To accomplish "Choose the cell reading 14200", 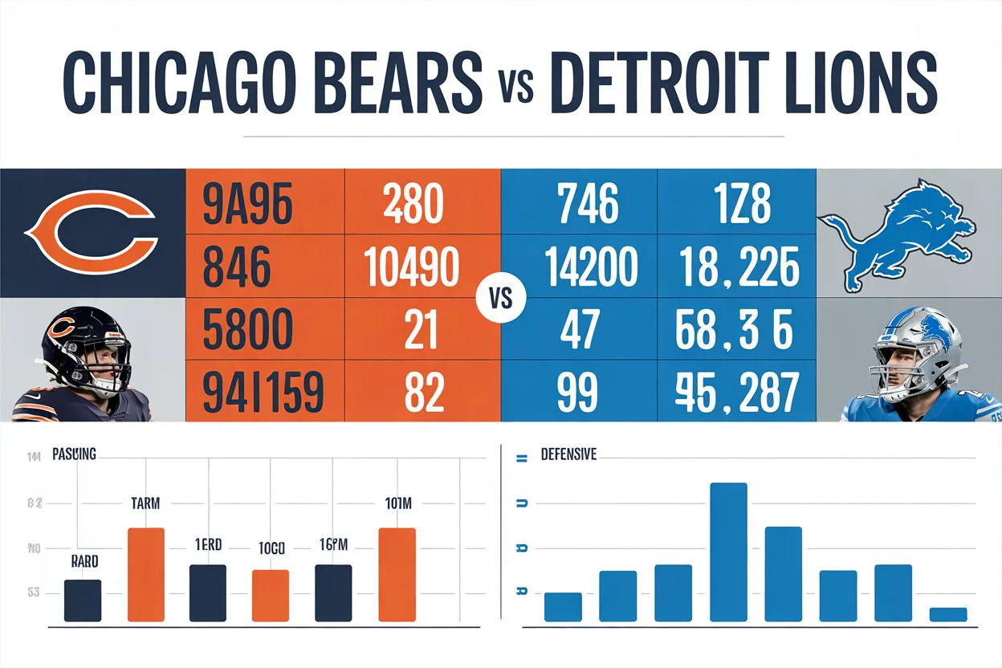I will (579, 267).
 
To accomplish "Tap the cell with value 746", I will (579, 204).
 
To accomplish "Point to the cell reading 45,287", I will (737, 393).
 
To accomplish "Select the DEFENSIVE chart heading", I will (568, 454).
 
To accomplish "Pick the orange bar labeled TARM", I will (146, 574).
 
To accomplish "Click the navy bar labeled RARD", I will (83, 600).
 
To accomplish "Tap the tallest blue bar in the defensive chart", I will (729, 552).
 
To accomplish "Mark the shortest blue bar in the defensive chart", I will (947, 614).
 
